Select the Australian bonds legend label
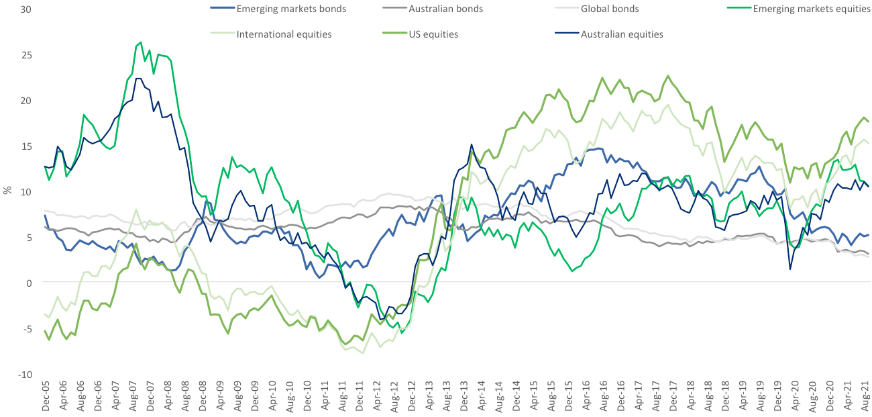445,9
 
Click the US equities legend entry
433,34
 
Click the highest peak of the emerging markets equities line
140,42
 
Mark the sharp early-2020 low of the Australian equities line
790,269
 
